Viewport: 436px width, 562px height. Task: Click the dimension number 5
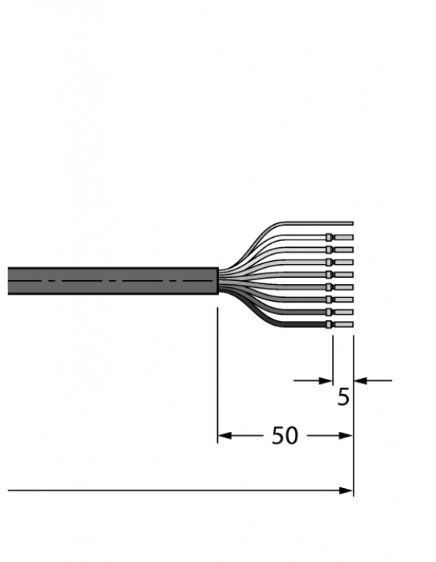click(344, 397)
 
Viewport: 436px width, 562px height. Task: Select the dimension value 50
click(284, 436)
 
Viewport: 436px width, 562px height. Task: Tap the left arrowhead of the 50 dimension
click(223, 436)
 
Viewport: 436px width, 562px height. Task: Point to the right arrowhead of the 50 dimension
click(347, 436)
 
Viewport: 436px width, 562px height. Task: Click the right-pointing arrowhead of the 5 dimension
click(326, 380)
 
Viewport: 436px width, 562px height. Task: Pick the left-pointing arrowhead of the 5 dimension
click(360, 380)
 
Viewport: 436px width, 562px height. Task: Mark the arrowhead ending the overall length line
click(347, 490)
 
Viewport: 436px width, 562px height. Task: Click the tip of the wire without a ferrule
click(350, 223)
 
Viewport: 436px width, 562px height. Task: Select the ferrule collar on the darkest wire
click(330, 324)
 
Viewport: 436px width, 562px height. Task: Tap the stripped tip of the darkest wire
click(344, 324)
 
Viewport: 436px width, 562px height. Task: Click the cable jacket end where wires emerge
click(217, 281)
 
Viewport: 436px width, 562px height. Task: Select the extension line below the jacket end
click(218, 370)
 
